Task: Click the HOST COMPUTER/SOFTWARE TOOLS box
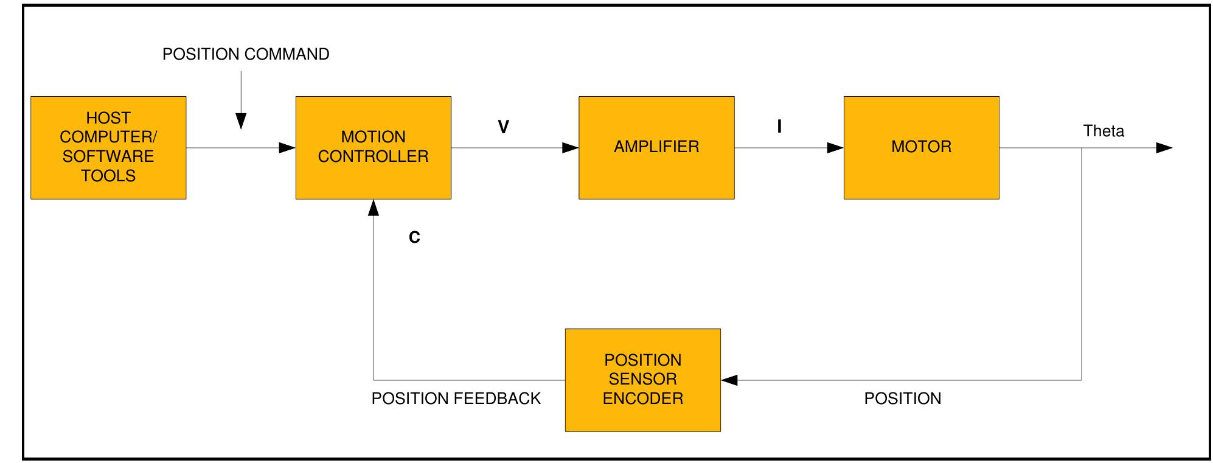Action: [x=108, y=147]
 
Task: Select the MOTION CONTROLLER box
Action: [x=373, y=147]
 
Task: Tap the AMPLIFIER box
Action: [x=656, y=147]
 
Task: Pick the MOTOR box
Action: [x=921, y=147]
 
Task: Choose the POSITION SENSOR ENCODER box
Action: [x=642, y=380]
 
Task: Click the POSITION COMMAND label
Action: [x=246, y=54]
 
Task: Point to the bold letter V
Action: [x=503, y=127]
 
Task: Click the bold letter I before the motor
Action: [x=779, y=127]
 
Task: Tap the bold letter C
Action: [x=414, y=237]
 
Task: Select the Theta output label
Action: [x=1104, y=131]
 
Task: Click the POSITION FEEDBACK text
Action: [x=456, y=399]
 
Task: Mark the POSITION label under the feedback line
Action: [x=902, y=399]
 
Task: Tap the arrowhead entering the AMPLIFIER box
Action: [x=570, y=148]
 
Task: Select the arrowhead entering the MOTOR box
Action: [x=835, y=148]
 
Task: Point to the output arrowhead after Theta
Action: [x=1163, y=148]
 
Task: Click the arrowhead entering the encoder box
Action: [x=729, y=380]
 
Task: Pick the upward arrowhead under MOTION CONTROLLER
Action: [x=374, y=208]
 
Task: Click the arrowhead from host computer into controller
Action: [x=287, y=148]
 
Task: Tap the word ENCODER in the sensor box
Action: [x=642, y=399]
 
